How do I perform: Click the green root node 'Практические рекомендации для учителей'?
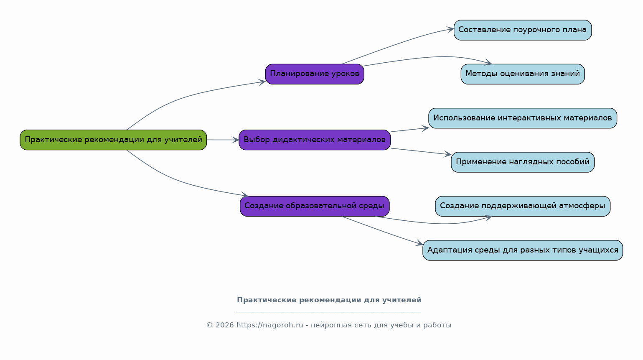click(113, 140)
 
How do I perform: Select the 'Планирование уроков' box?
click(315, 74)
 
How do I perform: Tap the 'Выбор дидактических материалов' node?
click(315, 140)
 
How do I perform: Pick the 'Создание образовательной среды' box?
click(315, 206)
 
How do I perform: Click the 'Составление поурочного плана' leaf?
click(522, 30)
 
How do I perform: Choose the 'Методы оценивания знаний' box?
click(522, 74)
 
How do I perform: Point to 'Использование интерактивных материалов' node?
click(522, 118)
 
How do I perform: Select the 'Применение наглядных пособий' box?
click(522, 162)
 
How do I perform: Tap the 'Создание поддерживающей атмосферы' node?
click(522, 206)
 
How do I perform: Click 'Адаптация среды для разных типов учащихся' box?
click(522, 250)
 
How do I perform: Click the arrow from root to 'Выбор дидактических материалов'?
click(223, 140)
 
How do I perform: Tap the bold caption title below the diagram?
click(329, 300)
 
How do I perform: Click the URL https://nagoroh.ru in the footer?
click(269, 325)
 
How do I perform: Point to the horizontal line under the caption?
click(329, 312)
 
